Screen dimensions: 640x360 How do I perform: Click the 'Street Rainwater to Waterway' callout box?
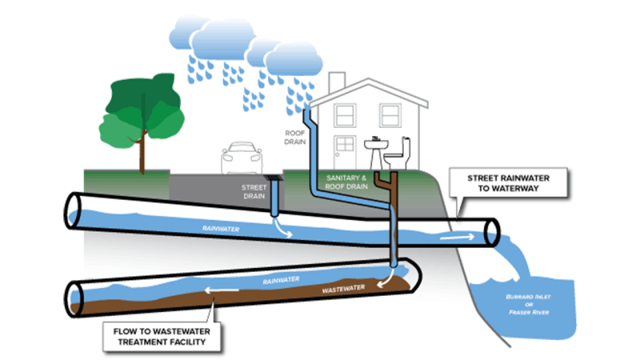tap(508, 183)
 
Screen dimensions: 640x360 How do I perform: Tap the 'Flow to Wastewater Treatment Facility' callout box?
tap(162, 337)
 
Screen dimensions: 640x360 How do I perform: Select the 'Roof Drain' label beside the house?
tap(295, 138)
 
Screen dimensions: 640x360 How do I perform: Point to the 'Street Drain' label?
tap(254, 192)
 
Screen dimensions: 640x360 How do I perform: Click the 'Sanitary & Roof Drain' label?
tap(346, 182)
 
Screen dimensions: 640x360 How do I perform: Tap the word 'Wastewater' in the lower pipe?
tap(343, 289)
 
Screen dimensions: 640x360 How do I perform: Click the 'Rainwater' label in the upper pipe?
tap(221, 229)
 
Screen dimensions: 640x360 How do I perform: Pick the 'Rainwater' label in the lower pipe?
tap(281, 281)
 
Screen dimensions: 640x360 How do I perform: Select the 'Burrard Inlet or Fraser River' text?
tap(529, 305)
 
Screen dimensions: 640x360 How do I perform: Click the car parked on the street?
tap(242, 158)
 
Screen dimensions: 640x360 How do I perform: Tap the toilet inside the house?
tap(398, 154)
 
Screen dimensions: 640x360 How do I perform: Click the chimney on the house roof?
tap(337, 82)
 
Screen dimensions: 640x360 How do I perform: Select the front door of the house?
tap(345, 152)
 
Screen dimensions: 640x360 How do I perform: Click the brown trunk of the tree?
tap(142, 150)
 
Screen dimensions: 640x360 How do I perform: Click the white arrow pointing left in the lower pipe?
tap(222, 290)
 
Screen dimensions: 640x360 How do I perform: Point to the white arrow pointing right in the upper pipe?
tap(457, 237)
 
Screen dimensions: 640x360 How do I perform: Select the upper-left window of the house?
tap(345, 115)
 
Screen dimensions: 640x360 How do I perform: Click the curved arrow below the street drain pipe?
tap(282, 228)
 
